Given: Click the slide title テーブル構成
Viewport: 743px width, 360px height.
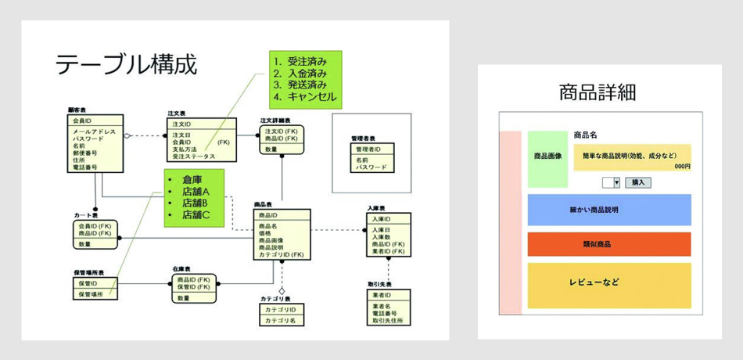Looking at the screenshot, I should pos(125,65).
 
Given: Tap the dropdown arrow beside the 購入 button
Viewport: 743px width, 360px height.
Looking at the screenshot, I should pos(616,182).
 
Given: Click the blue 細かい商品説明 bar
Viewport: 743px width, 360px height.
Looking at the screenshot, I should pos(608,210).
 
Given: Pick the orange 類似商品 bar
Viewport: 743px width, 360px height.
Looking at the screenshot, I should pos(608,244).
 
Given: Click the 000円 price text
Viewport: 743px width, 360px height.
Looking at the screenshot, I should pos(681,167).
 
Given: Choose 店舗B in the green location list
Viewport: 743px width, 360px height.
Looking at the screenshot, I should pos(196,203).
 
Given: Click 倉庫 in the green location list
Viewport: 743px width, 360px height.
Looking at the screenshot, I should pos(192,179).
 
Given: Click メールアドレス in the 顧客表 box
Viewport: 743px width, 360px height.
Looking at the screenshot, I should pos(95,131).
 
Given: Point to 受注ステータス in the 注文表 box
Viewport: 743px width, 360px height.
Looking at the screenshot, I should pos(193,157).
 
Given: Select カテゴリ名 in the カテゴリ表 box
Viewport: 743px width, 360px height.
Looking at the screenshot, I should pos(280,321).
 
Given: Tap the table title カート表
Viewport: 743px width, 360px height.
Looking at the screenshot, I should pos(86,214).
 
